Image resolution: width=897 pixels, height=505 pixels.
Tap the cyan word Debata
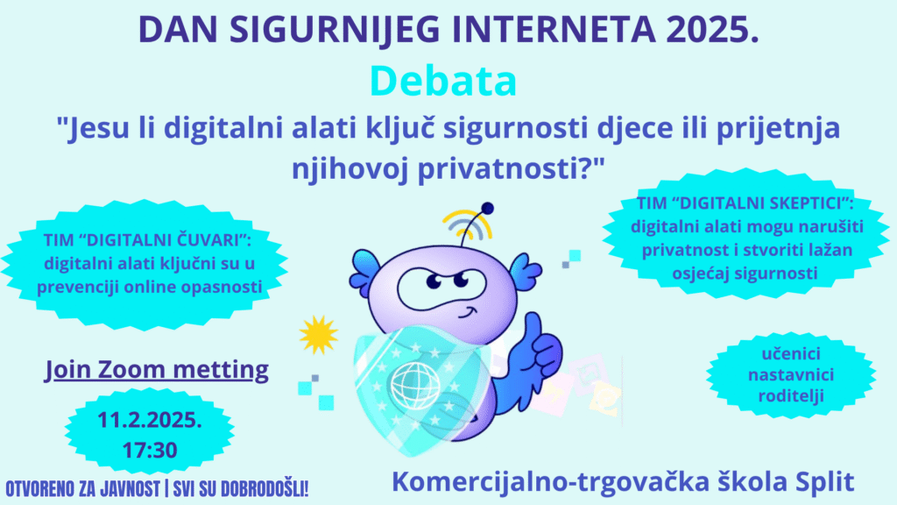pos(443,81)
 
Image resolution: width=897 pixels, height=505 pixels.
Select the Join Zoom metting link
pos(157,370)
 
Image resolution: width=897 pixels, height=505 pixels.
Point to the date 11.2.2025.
pos(150,420)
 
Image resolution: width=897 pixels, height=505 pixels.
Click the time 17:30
pos(150,450)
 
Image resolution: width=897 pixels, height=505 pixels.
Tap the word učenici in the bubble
pos(791,354)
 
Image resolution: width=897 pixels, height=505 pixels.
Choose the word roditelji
pos(791,395)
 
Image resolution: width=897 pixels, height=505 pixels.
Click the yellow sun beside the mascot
pos(318,334)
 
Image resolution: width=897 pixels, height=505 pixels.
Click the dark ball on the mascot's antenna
pos(487,209)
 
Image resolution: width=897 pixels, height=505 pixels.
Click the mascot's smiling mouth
pos(468,314)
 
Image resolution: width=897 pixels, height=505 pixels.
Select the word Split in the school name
pos(825,482)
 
